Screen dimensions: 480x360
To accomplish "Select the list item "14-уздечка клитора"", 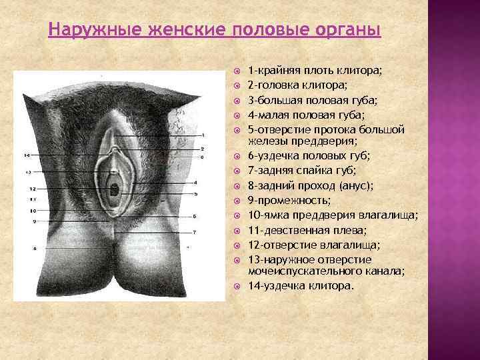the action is coord(301,285).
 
